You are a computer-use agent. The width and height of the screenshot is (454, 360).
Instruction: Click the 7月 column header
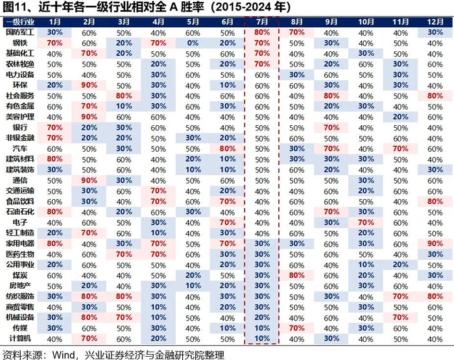tap(262, 22)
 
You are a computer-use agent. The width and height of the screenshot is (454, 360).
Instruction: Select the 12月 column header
tap(435, 22)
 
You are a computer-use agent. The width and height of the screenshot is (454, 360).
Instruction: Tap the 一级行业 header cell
tap(20, 22)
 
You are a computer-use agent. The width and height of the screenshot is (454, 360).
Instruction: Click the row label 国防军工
tap(20, 32)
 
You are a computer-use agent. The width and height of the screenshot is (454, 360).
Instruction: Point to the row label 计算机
tap(20, 339)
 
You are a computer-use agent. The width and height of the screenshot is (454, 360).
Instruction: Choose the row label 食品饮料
tap(20, 201)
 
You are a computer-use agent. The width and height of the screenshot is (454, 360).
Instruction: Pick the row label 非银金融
tap(20, 138)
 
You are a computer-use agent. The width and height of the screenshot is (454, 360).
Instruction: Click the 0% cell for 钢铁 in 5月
tap(193, 43)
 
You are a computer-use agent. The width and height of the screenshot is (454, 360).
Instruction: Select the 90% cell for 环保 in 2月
tap(90, 86)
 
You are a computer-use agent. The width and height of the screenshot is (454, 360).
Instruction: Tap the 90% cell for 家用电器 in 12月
tap(435, 244)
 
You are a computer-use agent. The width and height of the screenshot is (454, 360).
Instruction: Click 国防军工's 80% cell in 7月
tap(262, 32)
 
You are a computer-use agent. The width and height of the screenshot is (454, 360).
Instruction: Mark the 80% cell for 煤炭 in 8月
tap(297, 275)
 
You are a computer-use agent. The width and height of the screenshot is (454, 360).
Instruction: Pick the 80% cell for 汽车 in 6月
tap(228, 149)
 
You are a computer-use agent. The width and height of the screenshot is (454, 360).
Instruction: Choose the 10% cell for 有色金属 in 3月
tap(124, 106)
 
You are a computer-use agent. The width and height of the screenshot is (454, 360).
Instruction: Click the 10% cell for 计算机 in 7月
tap(262, 339)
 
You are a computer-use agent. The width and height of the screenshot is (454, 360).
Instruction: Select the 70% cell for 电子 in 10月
tap(366, 222)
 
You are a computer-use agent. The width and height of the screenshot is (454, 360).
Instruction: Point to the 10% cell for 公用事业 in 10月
tap(366, 265)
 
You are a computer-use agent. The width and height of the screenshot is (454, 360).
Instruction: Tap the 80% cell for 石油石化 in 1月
tap(54, 211)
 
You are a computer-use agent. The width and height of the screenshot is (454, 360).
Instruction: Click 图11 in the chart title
tap(12, 7)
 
